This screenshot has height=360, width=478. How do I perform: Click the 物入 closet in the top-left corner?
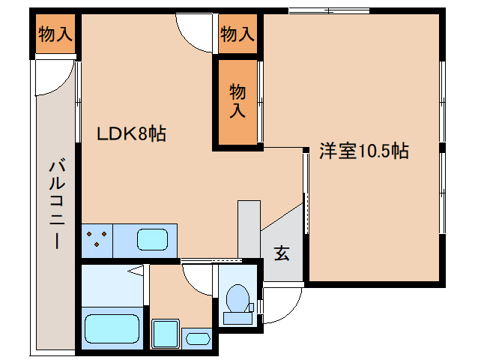pos(55,34)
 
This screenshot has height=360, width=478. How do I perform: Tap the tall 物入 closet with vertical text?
pos(238,101)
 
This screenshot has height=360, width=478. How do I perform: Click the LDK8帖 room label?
pos(131,134)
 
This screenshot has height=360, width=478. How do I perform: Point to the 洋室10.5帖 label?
pos(363,151)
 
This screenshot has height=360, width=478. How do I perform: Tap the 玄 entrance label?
pos(281,253)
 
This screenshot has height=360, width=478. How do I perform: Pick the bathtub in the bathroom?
pos(112,328)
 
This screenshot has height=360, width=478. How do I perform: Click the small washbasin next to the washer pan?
pos(199,337)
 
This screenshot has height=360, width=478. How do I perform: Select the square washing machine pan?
pos(164,332)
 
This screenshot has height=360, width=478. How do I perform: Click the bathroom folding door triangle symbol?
pos(135,270)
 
